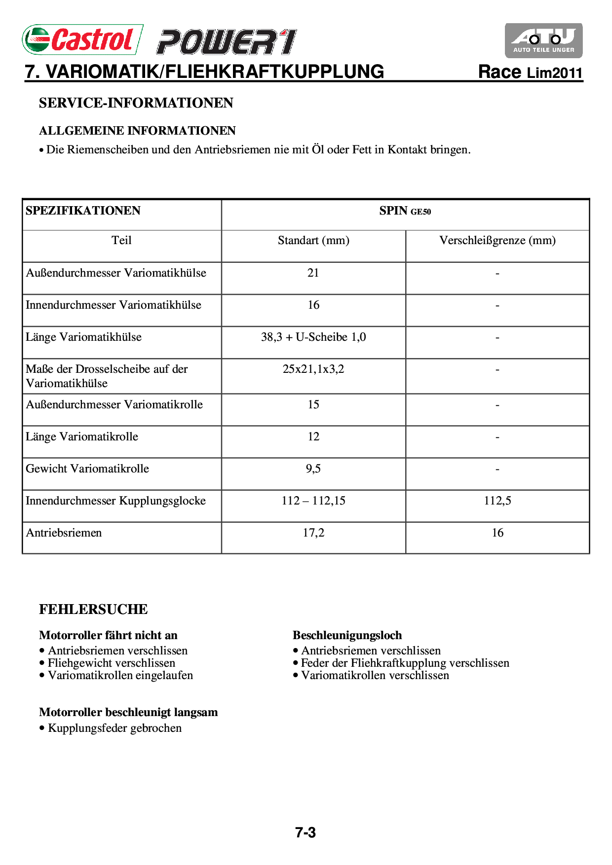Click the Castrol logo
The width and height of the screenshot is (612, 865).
82,39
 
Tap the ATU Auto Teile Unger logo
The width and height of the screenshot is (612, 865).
543,40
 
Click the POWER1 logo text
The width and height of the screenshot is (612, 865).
227,42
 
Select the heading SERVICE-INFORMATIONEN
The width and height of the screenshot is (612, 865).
136,103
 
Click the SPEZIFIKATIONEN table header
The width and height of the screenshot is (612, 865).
83,211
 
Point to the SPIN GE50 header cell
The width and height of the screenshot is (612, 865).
405,211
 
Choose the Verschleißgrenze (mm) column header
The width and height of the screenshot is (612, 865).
497,241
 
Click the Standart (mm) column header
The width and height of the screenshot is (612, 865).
313,241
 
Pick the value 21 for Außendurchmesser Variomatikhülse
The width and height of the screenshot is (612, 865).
313,273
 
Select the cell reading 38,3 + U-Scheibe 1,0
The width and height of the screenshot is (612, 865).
313,337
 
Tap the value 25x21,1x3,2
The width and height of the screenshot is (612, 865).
313,369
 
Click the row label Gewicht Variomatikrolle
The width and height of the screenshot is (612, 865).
87,469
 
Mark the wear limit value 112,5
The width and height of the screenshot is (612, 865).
497,501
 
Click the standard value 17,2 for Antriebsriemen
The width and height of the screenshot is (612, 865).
313,533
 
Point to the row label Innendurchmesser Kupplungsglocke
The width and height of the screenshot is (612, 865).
115,501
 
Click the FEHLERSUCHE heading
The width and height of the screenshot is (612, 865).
93,610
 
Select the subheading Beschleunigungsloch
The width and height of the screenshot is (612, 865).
347,635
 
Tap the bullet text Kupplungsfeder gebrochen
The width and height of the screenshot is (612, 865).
115,728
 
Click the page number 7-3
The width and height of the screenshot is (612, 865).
306,833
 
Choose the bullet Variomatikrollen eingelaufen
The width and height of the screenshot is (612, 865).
120,675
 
